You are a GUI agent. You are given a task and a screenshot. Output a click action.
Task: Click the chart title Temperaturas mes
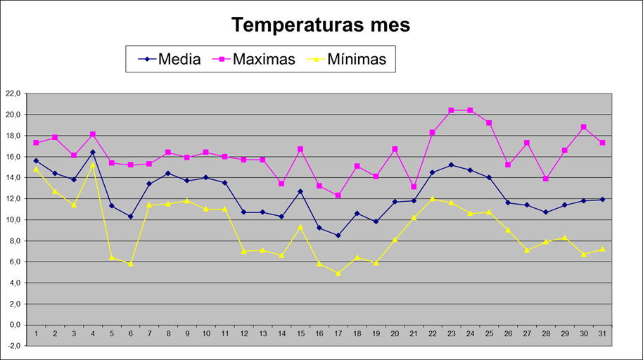[321, 25]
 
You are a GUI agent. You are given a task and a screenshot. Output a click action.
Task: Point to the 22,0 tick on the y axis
[13, 93]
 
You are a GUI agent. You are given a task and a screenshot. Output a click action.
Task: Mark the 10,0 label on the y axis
[13, 219]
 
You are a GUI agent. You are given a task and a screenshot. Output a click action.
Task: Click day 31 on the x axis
[603, 334]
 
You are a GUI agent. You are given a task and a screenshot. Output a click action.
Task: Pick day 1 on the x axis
[36, 334]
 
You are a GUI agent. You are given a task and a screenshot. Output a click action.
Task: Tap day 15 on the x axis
[300, 334]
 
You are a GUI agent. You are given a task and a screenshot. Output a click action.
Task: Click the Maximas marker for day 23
[452, 110]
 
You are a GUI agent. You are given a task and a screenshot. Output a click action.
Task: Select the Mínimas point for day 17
[338, 273]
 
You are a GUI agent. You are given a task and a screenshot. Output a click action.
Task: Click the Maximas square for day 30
[584, 127]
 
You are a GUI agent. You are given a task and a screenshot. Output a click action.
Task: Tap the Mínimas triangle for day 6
[130, 264]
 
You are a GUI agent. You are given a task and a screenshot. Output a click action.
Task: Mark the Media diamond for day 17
[338, 236]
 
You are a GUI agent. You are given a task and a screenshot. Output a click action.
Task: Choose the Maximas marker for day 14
[281, 184]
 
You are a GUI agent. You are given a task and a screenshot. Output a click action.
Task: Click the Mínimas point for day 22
[433, 199]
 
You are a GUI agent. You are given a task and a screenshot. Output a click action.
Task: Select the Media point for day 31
[603, 200]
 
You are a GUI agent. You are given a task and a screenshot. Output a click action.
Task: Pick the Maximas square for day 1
[36, 143]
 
